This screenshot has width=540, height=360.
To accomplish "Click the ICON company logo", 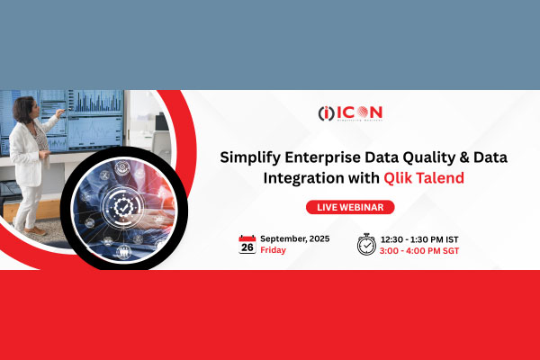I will (x=350, y=113).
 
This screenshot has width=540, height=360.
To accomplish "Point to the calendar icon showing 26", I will (x=247, y=244).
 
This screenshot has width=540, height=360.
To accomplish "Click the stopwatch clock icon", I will (x=366, y=244).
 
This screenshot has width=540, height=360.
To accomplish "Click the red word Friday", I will (x=274, y=250).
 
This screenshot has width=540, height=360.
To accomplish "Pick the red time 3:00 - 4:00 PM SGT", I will (x=421, y=250).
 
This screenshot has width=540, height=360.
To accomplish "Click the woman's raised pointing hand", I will (x=59, y=114).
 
